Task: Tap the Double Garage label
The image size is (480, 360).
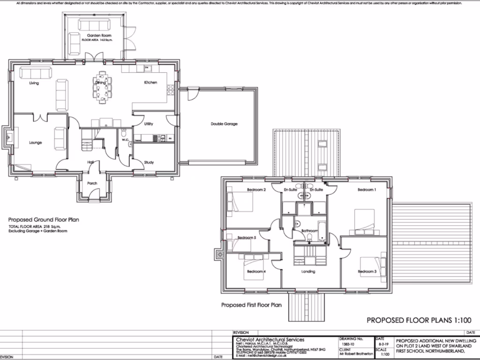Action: tap(224, 124)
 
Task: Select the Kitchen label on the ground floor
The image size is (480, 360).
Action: tap(150, 82)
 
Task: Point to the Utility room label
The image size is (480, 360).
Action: tap(149, 124)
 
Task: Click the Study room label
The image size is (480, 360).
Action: tap(149, 162)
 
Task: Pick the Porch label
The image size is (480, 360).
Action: tap(92, 183)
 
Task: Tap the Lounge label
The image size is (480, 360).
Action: tap(36, 142)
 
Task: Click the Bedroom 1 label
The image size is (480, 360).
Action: tap(367, 190)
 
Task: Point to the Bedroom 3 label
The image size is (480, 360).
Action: tap(367, 271)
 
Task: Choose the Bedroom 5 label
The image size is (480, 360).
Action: tap(247, 238)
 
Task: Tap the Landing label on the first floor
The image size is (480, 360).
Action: tap(308, 271)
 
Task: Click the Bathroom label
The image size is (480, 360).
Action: tap(310, 231)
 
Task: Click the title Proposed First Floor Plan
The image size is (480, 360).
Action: tap(251, 305)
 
